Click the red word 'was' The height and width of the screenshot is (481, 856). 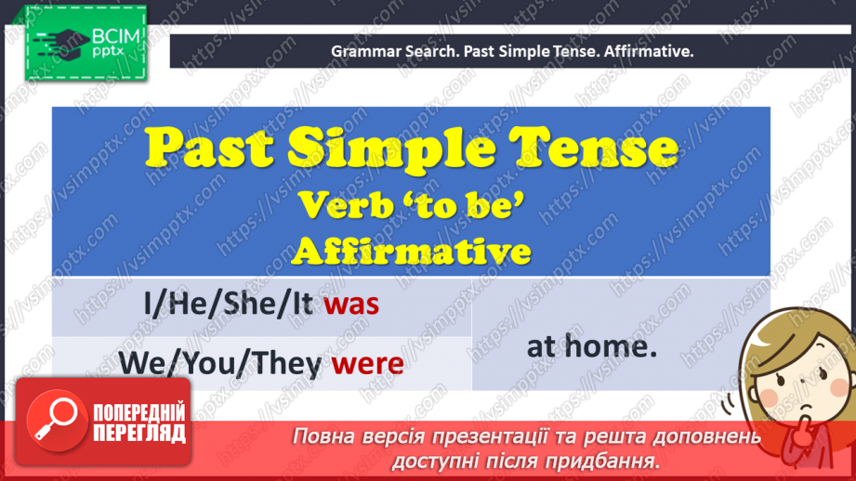351,305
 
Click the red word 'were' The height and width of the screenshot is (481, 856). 368,362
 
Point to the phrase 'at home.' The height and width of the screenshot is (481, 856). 592,346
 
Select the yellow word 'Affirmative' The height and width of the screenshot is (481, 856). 411,250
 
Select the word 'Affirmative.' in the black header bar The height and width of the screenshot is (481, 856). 648,52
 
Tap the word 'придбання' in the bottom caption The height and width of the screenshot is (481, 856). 613,460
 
